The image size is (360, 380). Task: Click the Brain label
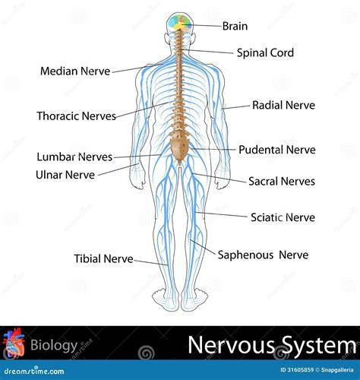235,26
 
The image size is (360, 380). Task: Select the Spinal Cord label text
265,53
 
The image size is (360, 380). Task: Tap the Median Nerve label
75,71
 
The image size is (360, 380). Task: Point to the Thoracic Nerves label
77,116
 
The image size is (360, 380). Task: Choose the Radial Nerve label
283,105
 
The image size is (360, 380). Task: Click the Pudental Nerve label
277,150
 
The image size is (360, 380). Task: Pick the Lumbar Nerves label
74,157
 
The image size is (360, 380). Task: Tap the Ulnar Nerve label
65,175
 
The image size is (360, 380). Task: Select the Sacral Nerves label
282,182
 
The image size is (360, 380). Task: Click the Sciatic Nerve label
283,217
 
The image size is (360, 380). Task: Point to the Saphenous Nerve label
263,255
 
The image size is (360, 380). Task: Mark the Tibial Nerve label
103,258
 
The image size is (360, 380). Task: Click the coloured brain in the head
180,22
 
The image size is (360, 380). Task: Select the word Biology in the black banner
54,345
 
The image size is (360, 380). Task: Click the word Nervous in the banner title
232,345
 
